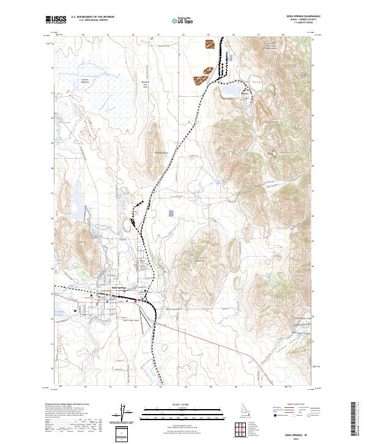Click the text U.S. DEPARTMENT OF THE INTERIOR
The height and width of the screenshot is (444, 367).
tap(92, 17)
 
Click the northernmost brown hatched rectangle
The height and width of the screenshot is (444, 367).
tap(210, 44)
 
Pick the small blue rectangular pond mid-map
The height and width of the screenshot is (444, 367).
tap(171, 214)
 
